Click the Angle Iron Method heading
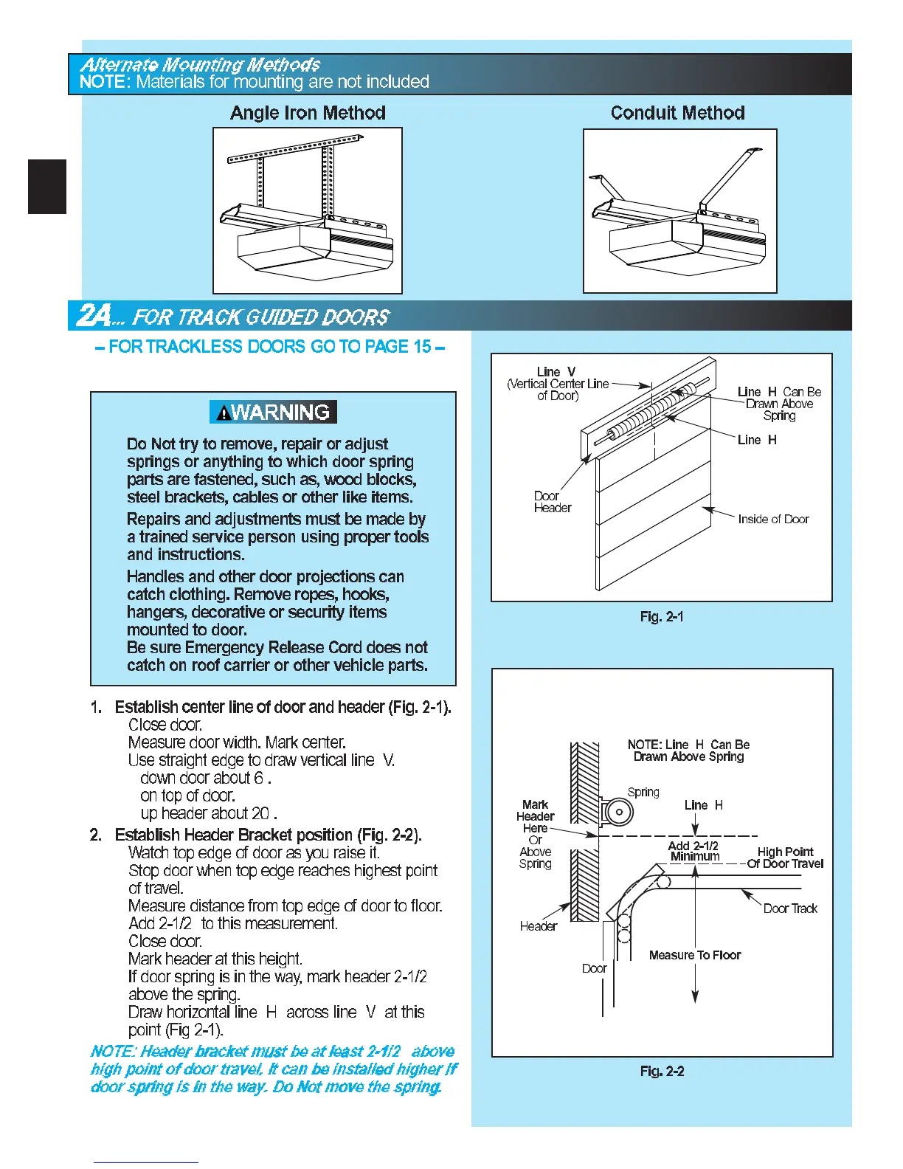(308, 113)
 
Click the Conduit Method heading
(677, 113)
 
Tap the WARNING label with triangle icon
(274, 412)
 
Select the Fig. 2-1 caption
(662, 616)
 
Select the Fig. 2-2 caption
(662, 1071)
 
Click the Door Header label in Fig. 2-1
(552, 502)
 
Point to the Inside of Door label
(773, 519)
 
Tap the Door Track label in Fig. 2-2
(790, 908)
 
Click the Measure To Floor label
(694, 955)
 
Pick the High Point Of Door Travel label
(785, 858)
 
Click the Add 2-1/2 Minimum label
(693, 851)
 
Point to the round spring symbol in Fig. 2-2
(618, 813)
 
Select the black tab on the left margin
(47, 187)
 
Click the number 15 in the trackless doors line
(422, 347)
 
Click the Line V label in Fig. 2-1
(556, 372)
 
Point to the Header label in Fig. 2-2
(538, 926)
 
